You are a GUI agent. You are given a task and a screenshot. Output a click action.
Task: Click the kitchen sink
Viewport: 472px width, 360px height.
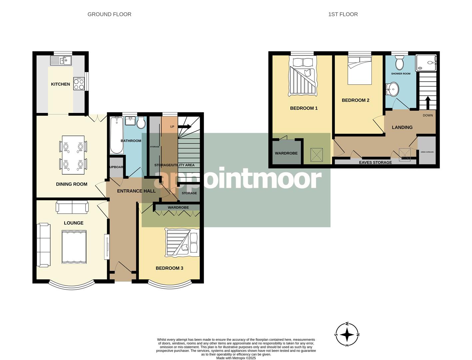(61, 60)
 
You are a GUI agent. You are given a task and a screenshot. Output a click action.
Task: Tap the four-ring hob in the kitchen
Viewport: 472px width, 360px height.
(79, 84)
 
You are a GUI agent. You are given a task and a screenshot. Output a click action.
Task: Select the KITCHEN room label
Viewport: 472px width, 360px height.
(60, 84)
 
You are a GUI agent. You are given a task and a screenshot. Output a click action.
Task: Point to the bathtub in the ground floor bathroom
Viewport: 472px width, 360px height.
(116, 135)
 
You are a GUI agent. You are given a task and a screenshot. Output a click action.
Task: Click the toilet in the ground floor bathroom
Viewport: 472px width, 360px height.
(141, 123)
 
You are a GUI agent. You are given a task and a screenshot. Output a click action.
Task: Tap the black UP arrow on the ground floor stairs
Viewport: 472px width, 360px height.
(185, 127)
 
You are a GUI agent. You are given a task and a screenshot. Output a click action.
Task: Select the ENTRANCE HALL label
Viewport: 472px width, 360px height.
(136, 191)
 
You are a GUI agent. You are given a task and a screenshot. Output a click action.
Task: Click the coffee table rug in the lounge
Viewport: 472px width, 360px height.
(74, 247)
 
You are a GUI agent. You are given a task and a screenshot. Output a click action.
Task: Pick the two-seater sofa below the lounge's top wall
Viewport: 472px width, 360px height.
(72, 207)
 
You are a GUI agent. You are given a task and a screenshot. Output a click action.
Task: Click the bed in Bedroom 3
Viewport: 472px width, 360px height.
(182, 242)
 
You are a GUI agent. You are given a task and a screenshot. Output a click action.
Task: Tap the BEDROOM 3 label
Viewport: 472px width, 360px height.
(169, 268)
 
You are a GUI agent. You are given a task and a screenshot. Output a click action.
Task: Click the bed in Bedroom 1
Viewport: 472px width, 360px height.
(303, 76)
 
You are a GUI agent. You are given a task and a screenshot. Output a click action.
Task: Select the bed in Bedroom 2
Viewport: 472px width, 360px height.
(360, 70)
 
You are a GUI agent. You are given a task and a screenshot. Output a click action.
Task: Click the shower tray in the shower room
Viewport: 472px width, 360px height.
(426, 63)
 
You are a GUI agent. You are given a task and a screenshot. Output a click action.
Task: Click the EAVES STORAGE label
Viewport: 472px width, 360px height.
(375, 162)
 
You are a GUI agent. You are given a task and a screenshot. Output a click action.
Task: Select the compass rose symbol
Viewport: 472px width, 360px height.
(347, 334)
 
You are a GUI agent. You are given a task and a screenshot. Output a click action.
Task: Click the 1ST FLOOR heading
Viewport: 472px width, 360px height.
(343, 14)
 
